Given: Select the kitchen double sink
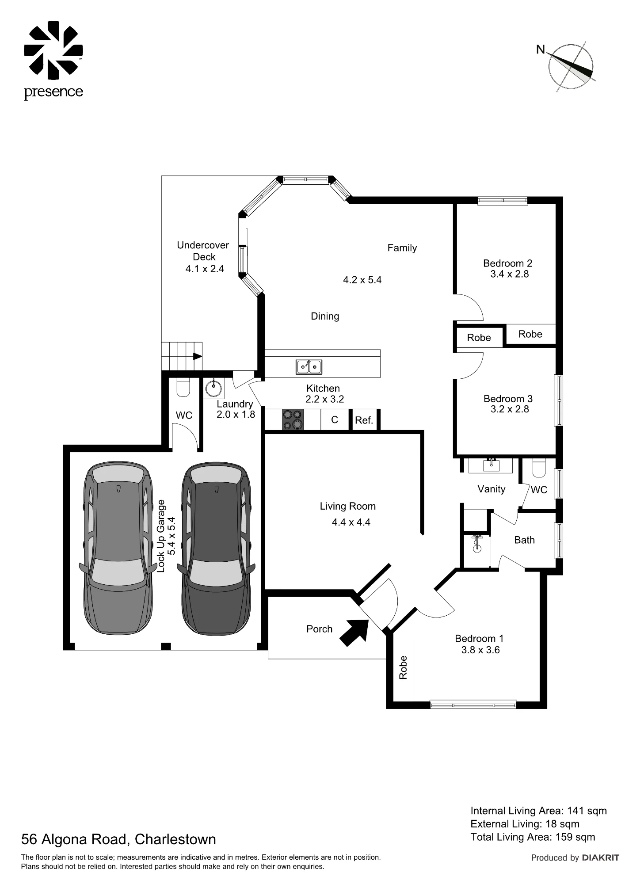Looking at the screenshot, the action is (309, 366).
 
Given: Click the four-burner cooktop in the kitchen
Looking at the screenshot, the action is (293, 419).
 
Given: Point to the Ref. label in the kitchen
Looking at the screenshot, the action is (364, 420).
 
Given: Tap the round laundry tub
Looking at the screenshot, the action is (214, 389).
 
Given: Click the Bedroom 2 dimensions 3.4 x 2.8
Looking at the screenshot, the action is (509, 274).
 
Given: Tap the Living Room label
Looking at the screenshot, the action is (348, 507).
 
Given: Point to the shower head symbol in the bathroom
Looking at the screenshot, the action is (476, 544).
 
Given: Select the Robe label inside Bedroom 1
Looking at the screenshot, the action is (403, 667).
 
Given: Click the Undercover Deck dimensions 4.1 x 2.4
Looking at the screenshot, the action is (205, 269).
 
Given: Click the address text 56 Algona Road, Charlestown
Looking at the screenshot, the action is (119, 839).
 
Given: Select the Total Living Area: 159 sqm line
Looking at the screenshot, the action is (533, 837).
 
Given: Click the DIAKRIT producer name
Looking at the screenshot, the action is (601, 858).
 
